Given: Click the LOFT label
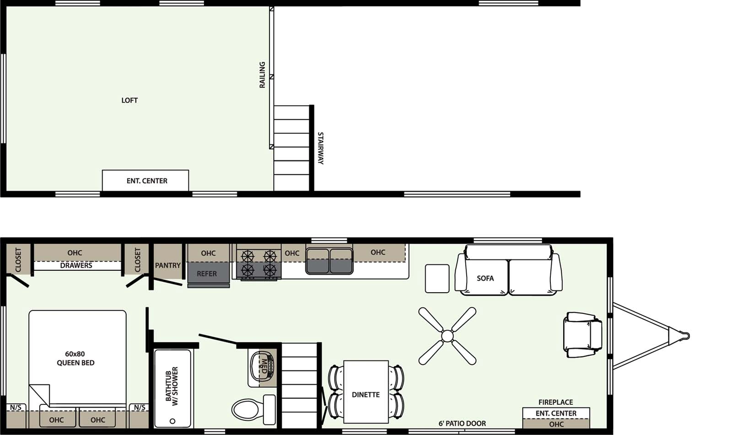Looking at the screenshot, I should click(x=129, y=100).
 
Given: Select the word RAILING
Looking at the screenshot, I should click(x=262, y=75).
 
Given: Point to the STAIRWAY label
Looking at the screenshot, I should click(x=320, y=148).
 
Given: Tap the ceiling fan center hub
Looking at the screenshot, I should click(x=447, y=336).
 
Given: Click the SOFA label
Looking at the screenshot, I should click(x=485, y=278).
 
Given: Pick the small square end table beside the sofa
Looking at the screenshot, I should click(x=437, y=278).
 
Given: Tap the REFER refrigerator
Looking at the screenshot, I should click(x=208, y=273).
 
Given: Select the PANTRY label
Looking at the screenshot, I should click(x=167, y=265).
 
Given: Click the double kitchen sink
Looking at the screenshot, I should click(x=329, y=261).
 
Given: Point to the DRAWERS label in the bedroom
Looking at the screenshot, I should click(x=76, y=265).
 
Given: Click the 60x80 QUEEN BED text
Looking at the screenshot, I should click(x=75, y=358).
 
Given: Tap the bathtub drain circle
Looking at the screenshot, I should click(x=172, y=421).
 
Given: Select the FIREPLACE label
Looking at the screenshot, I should click(x=555, y=402).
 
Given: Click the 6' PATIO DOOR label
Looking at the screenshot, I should click(x=462, y=424).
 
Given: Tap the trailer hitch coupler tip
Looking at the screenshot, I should click(x=686, y=336).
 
